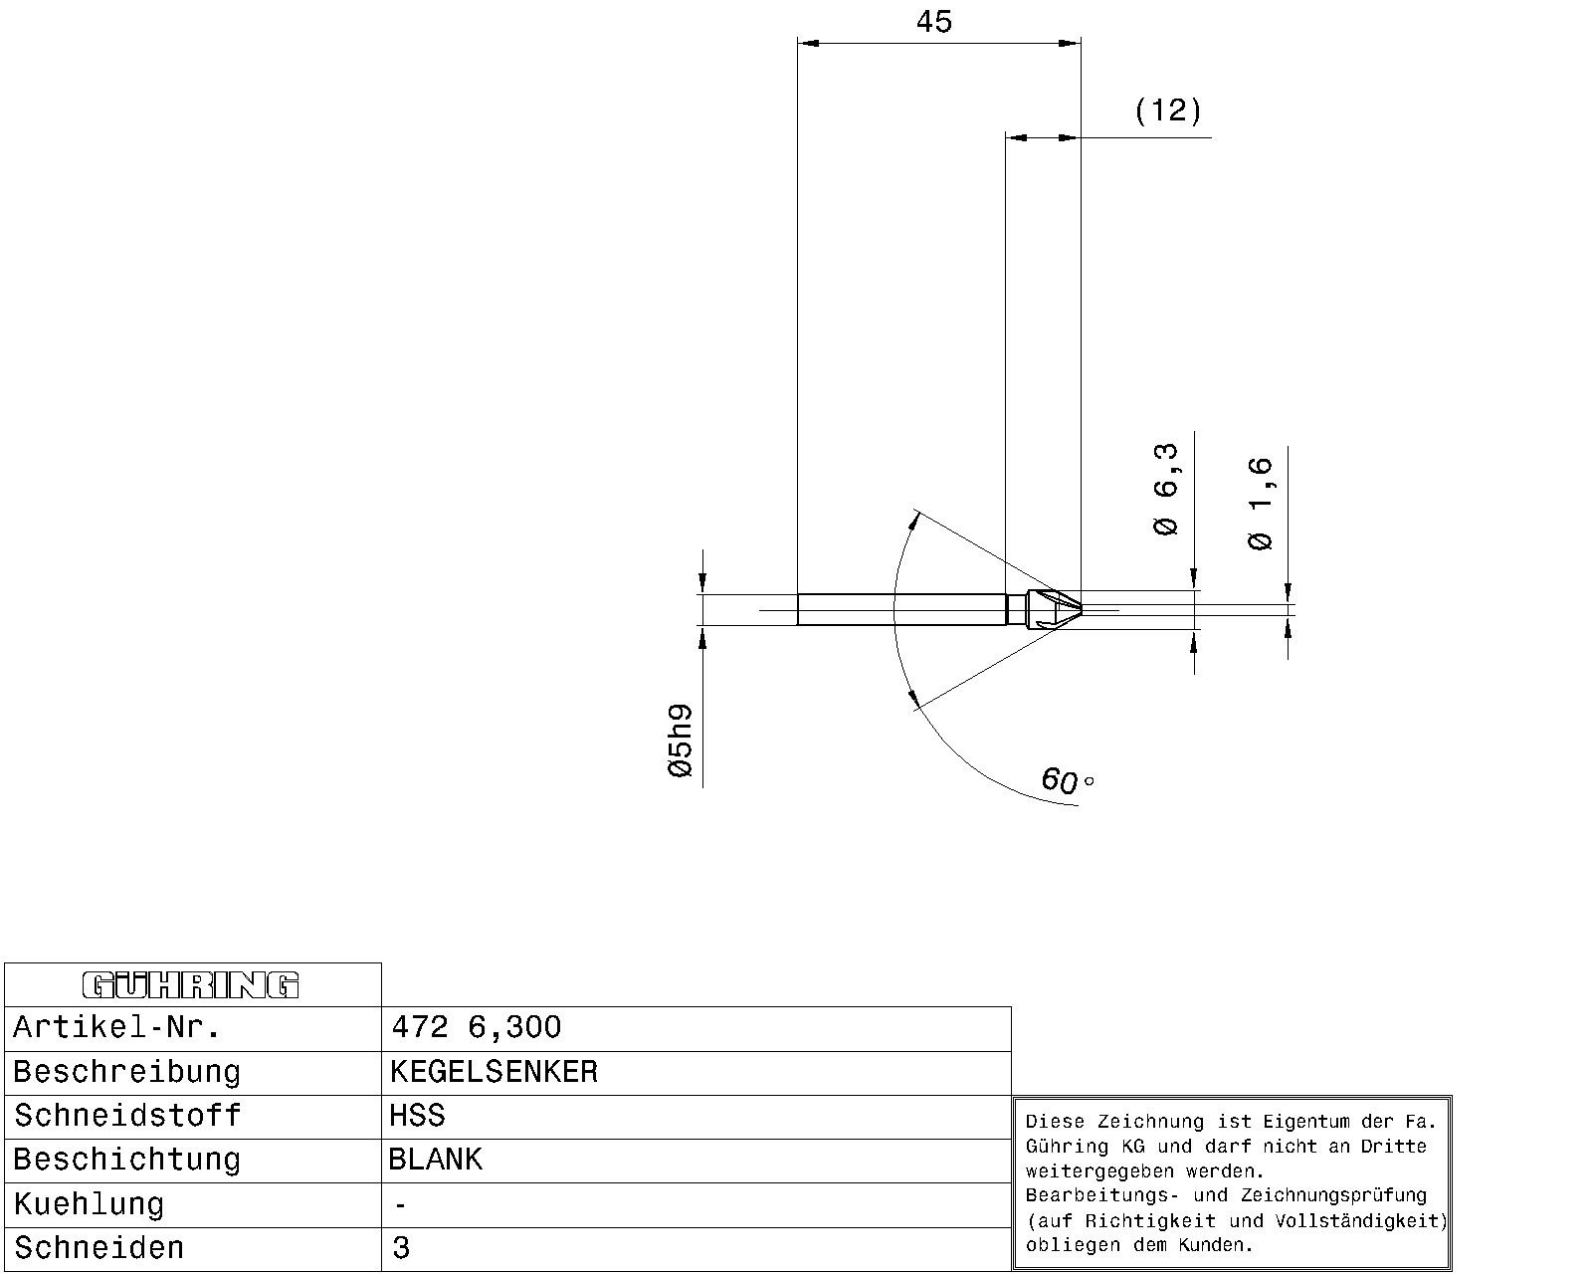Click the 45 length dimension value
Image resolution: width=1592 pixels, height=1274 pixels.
pos(933,22)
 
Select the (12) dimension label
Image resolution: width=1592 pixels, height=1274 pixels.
pos(1168,110)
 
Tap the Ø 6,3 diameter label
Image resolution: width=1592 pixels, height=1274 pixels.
pos(1166,490)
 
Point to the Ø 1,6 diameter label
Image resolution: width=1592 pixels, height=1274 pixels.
pos(1261,504)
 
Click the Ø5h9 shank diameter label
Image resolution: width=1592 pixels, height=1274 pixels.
pos(681,741)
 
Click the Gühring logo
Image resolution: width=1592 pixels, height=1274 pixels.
pos(190,985)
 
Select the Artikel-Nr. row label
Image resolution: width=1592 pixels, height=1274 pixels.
pos(116,1027)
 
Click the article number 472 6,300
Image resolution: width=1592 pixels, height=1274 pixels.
pos(477,1027)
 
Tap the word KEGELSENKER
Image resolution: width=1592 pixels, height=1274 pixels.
pos(494,1072)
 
